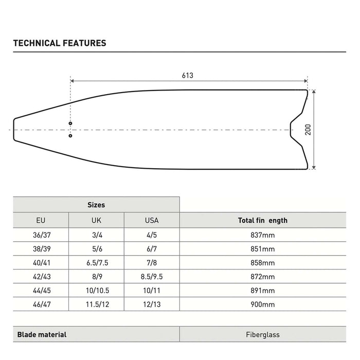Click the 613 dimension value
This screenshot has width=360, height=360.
coord(187,76)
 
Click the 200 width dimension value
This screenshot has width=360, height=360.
coord(308,129)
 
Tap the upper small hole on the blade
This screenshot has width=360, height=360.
coord(70,123)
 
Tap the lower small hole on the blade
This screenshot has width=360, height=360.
coord(70,136)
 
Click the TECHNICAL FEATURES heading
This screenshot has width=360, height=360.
coord(60,43)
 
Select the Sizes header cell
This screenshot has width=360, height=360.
coord(96,205)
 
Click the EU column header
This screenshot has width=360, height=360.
coord(41,221)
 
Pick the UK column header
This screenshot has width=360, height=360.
coord(96,221)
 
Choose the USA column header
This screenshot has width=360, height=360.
coord(152,221)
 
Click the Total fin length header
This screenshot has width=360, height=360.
coord(263,221)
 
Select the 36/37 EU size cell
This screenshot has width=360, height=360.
coord(41,235)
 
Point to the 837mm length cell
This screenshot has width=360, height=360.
coord(263,235)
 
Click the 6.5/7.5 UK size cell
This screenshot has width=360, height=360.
coord(96,263)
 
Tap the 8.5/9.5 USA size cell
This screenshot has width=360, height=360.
coord(152,277)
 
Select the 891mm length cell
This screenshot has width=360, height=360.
coord(263,291)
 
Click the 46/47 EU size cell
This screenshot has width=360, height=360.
coord(41,304)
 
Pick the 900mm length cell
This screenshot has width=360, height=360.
coord(263,304)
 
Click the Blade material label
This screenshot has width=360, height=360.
coord(42,334)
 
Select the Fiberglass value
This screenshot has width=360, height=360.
coord(263,334)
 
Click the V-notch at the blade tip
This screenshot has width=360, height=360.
coord(292,129)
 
